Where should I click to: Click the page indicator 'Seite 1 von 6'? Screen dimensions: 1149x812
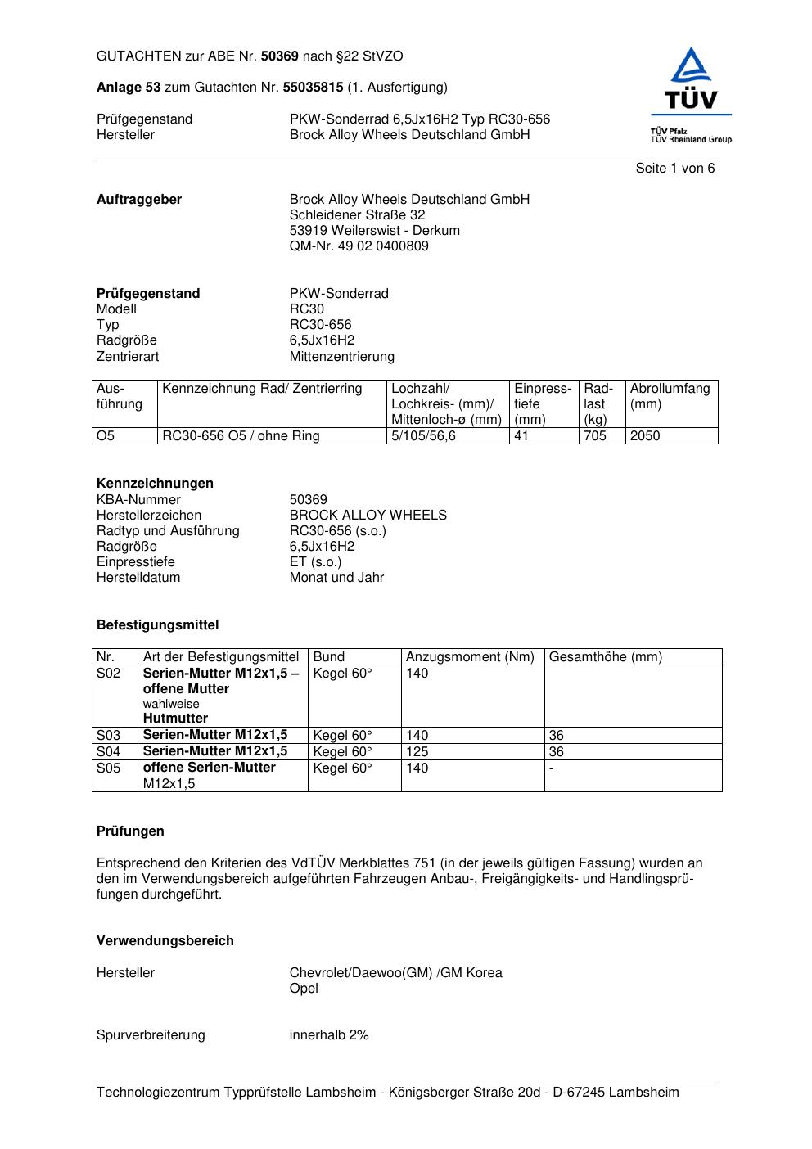(x=674, y=169)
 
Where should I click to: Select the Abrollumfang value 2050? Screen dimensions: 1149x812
(x=645, y=436)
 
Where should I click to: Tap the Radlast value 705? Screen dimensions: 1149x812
(x=595, y=436)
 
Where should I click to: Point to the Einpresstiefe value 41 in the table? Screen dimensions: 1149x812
(x=521, y=436)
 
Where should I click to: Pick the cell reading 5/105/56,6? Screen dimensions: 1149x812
(x=423, y=436)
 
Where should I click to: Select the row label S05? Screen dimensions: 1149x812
(x=108, y=768)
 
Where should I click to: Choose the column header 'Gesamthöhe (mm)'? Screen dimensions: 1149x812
(x=605, y=656)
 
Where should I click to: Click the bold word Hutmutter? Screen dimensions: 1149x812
(x=175, y=719)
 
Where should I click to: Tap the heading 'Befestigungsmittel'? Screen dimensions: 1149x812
(x=157, y=625)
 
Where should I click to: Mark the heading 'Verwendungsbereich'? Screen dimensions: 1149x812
(x=165, y=941)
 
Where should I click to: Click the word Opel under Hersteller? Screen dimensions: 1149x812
(x=304, y=989)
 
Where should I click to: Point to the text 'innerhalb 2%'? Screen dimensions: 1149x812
(x=329, y=1035)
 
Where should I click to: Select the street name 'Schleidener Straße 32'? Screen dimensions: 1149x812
(x=357, y=215)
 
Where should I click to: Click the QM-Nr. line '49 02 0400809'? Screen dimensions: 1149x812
(x=359, y=246)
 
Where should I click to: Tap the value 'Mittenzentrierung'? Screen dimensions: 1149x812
(x=341, y=357)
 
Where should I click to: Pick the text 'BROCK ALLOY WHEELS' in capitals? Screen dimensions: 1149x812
(x=368, y=516)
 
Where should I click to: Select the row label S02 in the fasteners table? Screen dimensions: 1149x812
(x=108, y=674)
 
